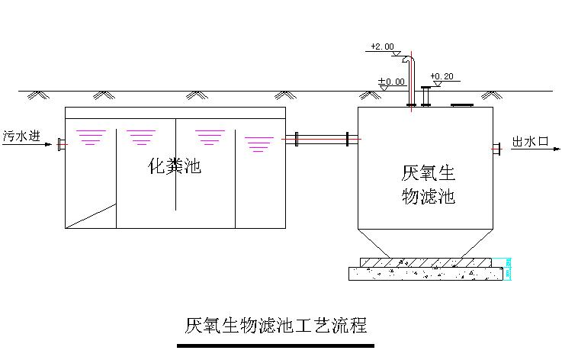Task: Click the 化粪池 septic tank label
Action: (x=174, y=166)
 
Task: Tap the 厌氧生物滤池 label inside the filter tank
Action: (x=428, y=184)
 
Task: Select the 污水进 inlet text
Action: (x=20, y=136)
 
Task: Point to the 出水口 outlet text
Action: (x=531, y=142)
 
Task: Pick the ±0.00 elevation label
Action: (x=392, y=81)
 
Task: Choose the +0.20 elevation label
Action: (x=442, y=76)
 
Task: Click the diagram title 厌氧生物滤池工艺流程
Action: (x=275, y=326)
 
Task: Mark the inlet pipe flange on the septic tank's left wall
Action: (x=60, y=143)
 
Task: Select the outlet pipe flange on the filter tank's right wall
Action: (x=495, y=148)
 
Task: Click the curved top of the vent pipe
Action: (x=409, y=58)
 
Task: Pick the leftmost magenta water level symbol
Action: (x=91, y=137)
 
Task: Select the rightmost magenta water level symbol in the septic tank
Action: (x=259, y=142)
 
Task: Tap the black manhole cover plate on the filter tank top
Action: (x=461, y=104)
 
